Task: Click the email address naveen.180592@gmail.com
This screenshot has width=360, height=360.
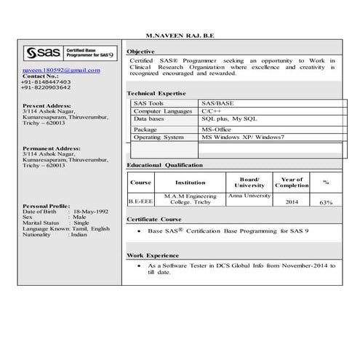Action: tap(61, 70)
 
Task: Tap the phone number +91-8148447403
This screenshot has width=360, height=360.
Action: tap(47, 81)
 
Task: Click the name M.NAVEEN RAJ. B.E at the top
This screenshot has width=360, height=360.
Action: tap(180, 35)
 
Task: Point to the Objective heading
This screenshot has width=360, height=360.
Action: tap(140, 52)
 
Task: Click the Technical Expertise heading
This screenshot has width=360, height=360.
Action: tap(156, 93)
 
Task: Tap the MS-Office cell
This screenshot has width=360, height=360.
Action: tap(217, 129)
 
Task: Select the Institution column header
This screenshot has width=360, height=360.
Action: tap(191, 183)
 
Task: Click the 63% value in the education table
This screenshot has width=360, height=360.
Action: tap(325, 202)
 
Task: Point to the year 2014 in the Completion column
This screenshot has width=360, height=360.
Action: tap(292, 201)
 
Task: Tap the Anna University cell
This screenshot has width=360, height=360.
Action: tap(249, 196)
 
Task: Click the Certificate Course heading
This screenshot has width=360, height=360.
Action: tap(153, 218)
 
